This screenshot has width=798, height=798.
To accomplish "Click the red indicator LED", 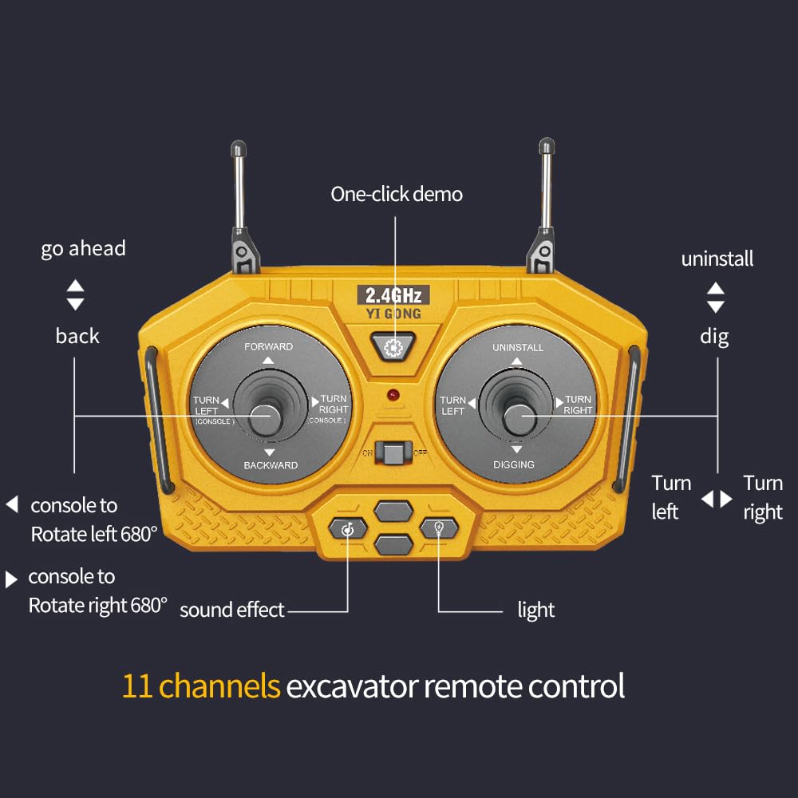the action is point(393,395).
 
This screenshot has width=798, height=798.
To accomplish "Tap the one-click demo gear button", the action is point(393,347).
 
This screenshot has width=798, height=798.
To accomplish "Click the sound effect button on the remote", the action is point(348,529).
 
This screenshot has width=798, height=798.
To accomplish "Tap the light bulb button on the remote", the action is point(439,528).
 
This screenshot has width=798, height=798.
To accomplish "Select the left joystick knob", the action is point(267,420).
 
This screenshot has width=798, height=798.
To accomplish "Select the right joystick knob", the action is point(519,420).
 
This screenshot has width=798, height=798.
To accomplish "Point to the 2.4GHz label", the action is point(393,294).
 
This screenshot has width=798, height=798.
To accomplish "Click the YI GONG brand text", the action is point(393,314).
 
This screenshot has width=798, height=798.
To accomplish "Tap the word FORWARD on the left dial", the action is point(268,346).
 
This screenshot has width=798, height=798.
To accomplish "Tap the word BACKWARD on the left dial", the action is point(271,465).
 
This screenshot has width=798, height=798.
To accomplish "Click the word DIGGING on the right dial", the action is point(513,464).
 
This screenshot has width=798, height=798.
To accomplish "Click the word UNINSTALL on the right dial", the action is point(518,348).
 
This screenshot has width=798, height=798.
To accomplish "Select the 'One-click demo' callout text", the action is point(397,194).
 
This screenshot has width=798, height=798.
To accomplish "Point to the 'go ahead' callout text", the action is point(83,248).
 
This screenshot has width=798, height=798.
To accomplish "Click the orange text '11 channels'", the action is point(201,685).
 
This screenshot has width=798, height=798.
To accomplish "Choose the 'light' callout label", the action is point(536,610).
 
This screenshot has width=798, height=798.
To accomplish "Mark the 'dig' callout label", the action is point(714,337).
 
